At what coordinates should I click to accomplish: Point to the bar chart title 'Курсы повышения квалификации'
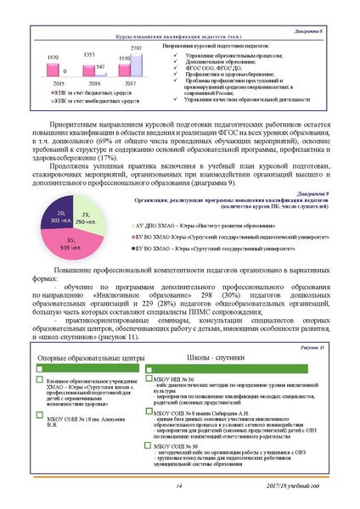point(166,38)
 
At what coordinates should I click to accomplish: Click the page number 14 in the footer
point(179,484)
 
